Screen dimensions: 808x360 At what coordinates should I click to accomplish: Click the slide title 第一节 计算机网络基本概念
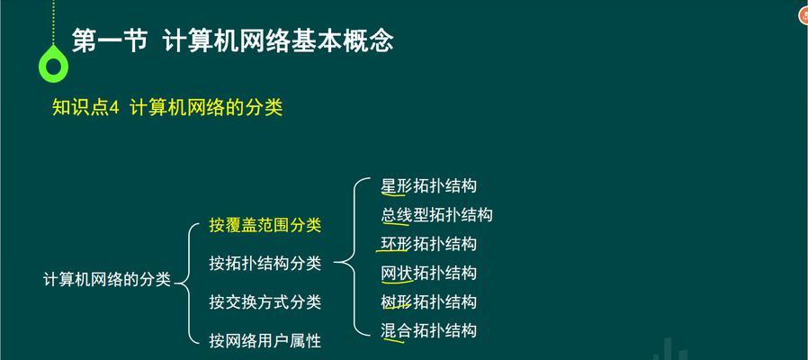[232, 40]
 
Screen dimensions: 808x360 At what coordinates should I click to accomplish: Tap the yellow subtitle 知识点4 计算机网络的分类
[167, 108]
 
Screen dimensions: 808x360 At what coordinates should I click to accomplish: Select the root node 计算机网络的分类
[107, 279]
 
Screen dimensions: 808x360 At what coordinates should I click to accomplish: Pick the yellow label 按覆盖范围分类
[265, 225]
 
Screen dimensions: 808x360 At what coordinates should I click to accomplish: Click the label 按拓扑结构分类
[265, 263]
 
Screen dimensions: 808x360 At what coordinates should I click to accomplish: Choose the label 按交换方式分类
[265, 301]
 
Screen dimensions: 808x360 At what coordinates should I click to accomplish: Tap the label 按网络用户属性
[265, 340]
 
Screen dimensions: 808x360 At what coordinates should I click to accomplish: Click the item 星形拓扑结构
[428, 185]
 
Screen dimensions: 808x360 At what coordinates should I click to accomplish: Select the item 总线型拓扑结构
[436, 214]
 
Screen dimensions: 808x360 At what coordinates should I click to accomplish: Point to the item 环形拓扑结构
[428, 243]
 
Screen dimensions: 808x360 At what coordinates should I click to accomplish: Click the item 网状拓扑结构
[428, 273]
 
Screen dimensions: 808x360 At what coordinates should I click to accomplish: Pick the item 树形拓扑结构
[428, 301]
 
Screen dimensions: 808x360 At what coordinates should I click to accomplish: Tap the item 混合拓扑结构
[428, 330]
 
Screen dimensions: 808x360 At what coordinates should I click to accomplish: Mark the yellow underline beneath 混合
[392, 339]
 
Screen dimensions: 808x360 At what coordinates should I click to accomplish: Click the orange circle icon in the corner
[804, 15]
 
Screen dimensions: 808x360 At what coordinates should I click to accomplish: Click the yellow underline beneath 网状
[398, 282]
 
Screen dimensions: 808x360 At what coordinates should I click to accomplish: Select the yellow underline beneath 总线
[396, 223]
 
